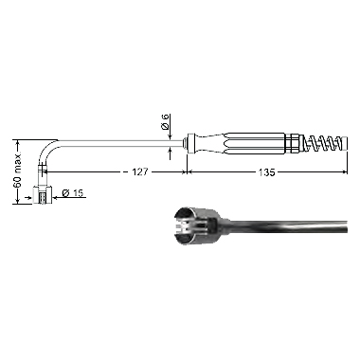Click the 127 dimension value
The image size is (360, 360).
pos(139,172)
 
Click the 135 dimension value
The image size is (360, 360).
pos(266,172)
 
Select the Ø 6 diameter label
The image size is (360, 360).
pos(166,122)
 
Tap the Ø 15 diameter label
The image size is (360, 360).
pos(73,193)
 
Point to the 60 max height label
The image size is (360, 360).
pos(18,171)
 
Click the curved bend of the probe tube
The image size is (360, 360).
pos(46,150)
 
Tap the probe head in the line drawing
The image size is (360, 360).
pos(43,195)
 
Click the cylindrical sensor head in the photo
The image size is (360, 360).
pos(196,226)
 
